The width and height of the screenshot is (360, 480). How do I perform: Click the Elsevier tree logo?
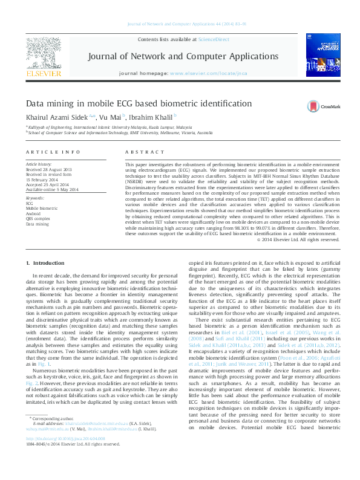(44, 56)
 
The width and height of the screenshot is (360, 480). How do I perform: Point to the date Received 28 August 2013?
(48, 170)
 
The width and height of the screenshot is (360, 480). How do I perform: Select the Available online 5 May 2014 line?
(52, 190)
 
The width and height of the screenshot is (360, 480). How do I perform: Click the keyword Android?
(34, 213)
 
